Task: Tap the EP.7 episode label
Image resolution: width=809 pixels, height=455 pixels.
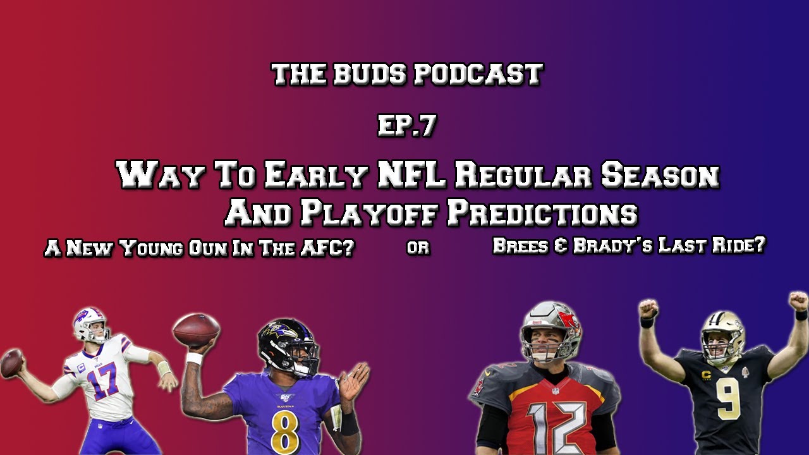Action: (x=406, y=126)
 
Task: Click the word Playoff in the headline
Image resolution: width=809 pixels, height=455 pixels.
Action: (x=369, y=214)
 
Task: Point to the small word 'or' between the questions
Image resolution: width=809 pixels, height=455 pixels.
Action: (x=418, y=248)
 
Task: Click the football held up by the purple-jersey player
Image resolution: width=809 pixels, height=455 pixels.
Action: (x=196, y=330)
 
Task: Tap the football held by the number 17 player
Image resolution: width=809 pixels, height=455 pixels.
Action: (x=11, y=364)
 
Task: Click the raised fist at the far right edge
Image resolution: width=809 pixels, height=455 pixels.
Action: (x=798, y=301)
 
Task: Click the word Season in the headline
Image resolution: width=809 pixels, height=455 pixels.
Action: (x=660, y=175)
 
